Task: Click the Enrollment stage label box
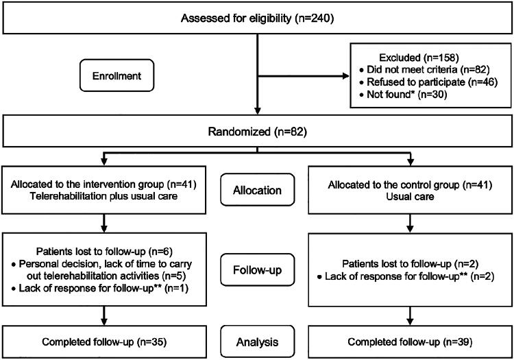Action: pyautogui.click(x=117, y=75)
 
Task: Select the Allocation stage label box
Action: pyautogui.click(x=257, y=190)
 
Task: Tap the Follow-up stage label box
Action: pyautogui.click(x=257, y=270)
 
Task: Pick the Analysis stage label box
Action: pyautogui.click(x=257, y=341)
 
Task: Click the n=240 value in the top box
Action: pyautogui.click(x=315, y=18)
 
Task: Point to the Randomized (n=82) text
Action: pyautogui.click(x=257, y=132)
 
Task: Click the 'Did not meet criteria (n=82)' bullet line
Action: pyautogui.click(x=424, y=69)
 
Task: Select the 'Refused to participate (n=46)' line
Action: pyautogui.click(x=428, y=82)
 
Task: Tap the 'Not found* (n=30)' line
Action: pyautogui.click(x=403, y=95)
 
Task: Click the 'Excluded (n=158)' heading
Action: pyautogui.click(x=419, y=58)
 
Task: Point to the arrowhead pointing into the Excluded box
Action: pyautogui.click(x=346, y=76)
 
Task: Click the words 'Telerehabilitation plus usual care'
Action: pyautogui.click(x=104, y=196)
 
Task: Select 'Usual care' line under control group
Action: pyautogui.click(x=410, y=197)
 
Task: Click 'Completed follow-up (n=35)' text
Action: pyautogui.click(x=104, y=342)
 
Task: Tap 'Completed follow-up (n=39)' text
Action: pyautogui.click(x=410, y=342)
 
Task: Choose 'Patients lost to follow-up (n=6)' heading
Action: pyautogui.click(x=104, y=252)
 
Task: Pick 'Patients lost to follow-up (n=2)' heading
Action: pyautogui.click(x=410, y=264)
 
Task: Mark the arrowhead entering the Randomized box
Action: pyautogui.click(x=257, y=110)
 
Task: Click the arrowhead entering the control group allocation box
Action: pyautogui.click(x=410, y=162)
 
